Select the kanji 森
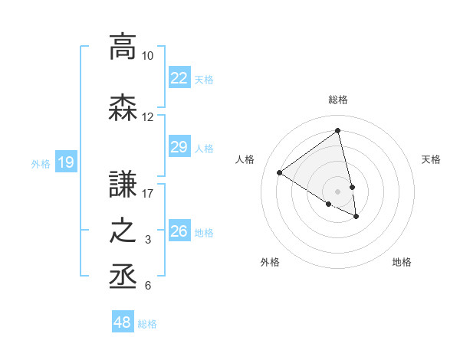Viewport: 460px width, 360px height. [x=123, y=107]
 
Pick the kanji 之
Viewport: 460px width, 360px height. [x=123, y=231]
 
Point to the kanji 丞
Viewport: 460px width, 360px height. [x=123, y=276]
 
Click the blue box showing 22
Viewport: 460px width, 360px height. [x=179, y=78]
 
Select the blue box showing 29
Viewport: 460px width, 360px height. [x=179, y=147]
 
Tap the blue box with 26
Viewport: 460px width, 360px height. [x=179, y=231]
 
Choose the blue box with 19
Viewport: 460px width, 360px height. [x=65, y=162]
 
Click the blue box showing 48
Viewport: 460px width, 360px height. [x=123, y=322]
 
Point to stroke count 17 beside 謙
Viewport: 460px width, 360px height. [x=148, y=193]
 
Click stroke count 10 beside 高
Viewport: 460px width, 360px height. [x=147, y=56]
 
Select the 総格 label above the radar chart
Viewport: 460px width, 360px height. [x=337, y=100]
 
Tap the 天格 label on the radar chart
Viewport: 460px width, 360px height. [x=431, y=159]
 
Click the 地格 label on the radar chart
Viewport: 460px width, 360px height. [x=402, y=262]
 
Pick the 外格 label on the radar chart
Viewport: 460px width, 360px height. [x=270, y=262]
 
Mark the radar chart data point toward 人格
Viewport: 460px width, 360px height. [x=280, y=172]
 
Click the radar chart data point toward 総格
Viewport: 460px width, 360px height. [x=337, y=130]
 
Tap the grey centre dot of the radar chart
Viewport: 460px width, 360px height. [x=337, y=191]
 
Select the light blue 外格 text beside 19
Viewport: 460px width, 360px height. [x=41, y=162]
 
